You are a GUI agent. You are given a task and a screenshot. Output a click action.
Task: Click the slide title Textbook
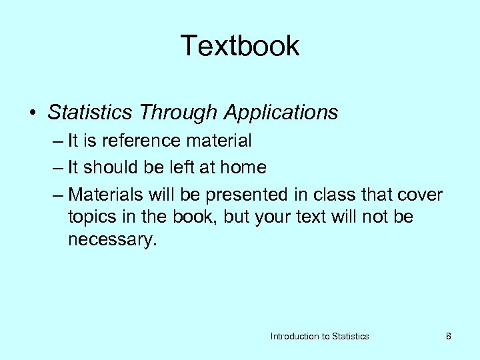(240, 46)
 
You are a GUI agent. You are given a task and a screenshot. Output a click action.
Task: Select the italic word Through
(179, 113)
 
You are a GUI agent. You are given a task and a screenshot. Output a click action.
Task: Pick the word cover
(419, 195)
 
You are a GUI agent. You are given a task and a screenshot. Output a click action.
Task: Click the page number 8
(449, 337)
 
